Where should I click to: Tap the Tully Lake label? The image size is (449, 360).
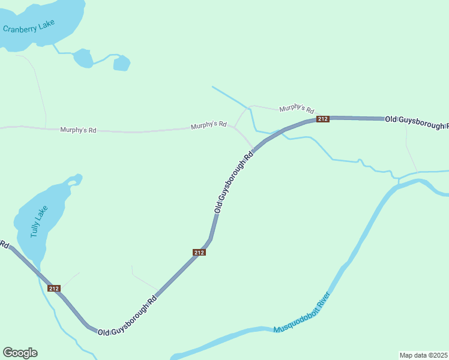39,221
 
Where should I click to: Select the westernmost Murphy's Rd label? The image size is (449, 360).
78,130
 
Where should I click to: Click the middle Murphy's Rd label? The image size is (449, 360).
208,125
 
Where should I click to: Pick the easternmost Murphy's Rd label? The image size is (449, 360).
297,109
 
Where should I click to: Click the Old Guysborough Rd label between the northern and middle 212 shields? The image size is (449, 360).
234,181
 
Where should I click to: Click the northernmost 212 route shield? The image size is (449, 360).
323,119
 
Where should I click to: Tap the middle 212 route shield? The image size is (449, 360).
199,253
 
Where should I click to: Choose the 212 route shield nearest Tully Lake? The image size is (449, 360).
54,289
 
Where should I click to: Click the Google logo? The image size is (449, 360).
20,353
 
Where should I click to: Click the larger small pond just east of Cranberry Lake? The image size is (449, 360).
83,58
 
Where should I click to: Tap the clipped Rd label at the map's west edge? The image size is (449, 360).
4,245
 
